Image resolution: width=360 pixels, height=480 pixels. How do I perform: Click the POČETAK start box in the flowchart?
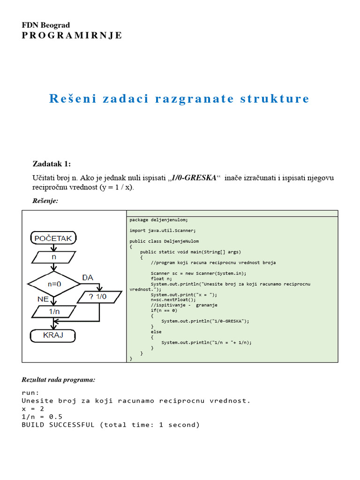pyautogui.click(x=53, y=239)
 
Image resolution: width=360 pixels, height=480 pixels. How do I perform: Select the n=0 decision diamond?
pyautogui.click(x=53, y=284)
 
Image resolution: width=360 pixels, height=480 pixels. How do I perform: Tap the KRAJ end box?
pyautogui.click(x=53, y=335)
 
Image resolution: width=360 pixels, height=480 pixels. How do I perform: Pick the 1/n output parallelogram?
pyautogui.click(x=54, y=311)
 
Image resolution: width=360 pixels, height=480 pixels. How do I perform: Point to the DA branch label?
pyautogui.click(x=88, y=277)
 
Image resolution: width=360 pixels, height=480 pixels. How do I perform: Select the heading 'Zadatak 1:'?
pyautogui.click(x=52, y=164)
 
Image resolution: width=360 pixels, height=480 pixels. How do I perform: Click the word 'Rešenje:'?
pyautogui.click(x=45, y=200)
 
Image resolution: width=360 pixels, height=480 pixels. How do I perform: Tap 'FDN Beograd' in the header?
pyautogui.click(x=46, y=25)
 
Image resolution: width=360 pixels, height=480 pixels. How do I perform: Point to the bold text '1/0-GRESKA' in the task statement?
pyautogui.click(x=194, y=178)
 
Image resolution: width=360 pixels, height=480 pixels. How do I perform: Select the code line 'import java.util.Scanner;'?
pyautogui.click(x=163, y=230)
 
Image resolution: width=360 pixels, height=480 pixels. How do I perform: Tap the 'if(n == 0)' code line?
pyautogui.click(x=164, y=310)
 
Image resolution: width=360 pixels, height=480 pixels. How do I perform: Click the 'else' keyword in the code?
pyautogui.click(x=156, y=332)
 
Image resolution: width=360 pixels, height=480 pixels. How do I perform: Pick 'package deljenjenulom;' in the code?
pyautogui.click(x=158, y=219)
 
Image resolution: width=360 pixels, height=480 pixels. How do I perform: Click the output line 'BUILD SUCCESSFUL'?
pyautogui.click(x=111, y=425)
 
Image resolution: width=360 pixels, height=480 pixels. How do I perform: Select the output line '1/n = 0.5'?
pyautogui.click(x=42, y=417)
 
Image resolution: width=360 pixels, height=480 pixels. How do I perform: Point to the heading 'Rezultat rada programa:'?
pyautogui.click(x=59, y=379)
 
